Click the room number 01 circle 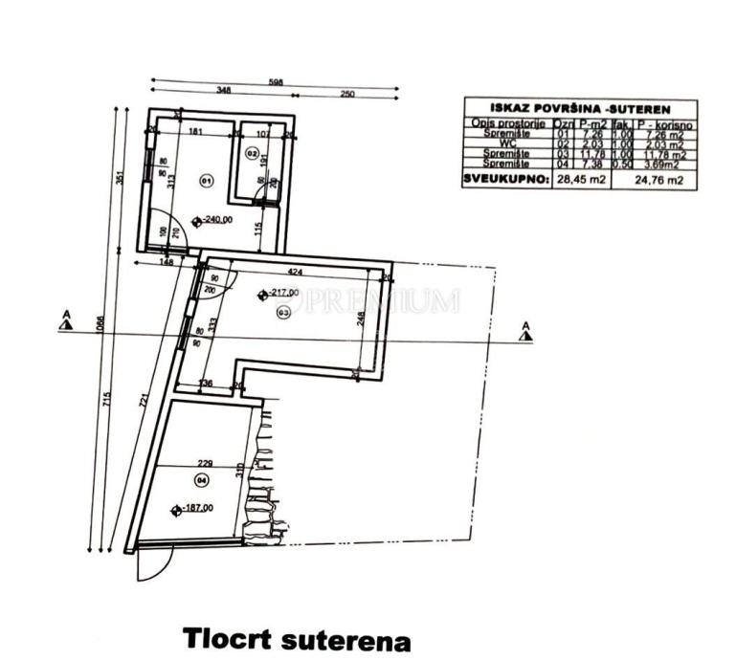pyautogui.click(x=205, y=179)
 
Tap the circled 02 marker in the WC pyautogui.click(x=253, y=153)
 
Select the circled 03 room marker pyautogui.click(x=283, y=312)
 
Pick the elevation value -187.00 pyautogui.click(x=196, y=510)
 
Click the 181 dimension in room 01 pyautogui.click(x=193, y=132)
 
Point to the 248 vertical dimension pyautogui.click(x=360, y=320)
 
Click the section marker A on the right pyautogui.click(x=524, y=330)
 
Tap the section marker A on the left pyautogui.click(x=65, y=319)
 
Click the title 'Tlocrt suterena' pyautogui.click(x=297, y=638)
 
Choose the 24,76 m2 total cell pyautogui.click(x=661, y=180)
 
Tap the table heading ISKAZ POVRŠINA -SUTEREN pyautogui.click(x=579, y=109)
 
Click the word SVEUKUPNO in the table pyautogui.click(x=505, y=179)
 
